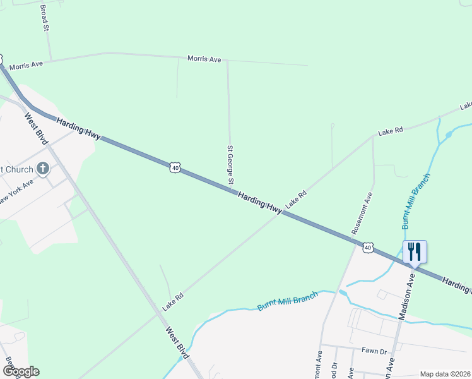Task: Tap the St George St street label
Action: pyautogui.click(x=231, y=166)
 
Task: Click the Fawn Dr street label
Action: pyautogui.click(x=374, y=350)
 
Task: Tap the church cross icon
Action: pyautogui.click(x=43, y=169)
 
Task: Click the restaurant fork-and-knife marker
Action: pyautogui.click(x=415, y=251)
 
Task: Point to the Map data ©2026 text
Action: pyautogui.click(x=444, y=374)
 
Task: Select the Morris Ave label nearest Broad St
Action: pyautogui.click(x=26, y=64)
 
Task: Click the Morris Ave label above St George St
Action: pyautogui.click(x=204, y=59)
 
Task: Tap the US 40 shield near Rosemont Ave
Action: pyautogui.click(x=368, y=247)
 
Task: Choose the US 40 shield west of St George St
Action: pyautogui.click(x=175, y=167)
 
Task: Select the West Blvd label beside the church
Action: pyautogui.click(x=36, y=128)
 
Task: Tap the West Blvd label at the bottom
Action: pyautogui.click(x=177, y=343)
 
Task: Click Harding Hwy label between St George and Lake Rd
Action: pyautogui.click(x=259, y=203)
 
